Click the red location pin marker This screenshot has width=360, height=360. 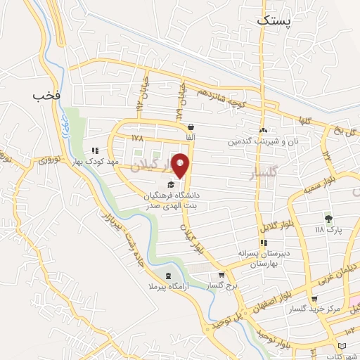181,165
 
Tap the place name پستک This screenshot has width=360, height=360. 272,20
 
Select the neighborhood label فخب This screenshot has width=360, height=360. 42,95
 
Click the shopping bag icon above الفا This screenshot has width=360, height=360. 191,127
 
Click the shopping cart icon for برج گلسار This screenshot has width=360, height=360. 221,275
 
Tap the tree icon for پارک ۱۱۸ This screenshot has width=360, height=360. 328,219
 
